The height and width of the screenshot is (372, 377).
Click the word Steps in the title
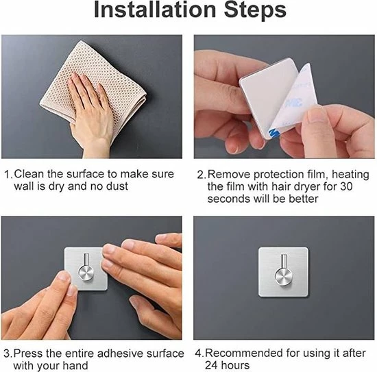255,10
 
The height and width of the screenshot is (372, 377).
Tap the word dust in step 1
117,186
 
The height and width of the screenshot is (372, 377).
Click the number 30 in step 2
346,186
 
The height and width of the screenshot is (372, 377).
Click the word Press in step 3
28,354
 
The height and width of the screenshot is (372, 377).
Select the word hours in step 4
235,365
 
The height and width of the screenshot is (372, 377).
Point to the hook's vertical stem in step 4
284,261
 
